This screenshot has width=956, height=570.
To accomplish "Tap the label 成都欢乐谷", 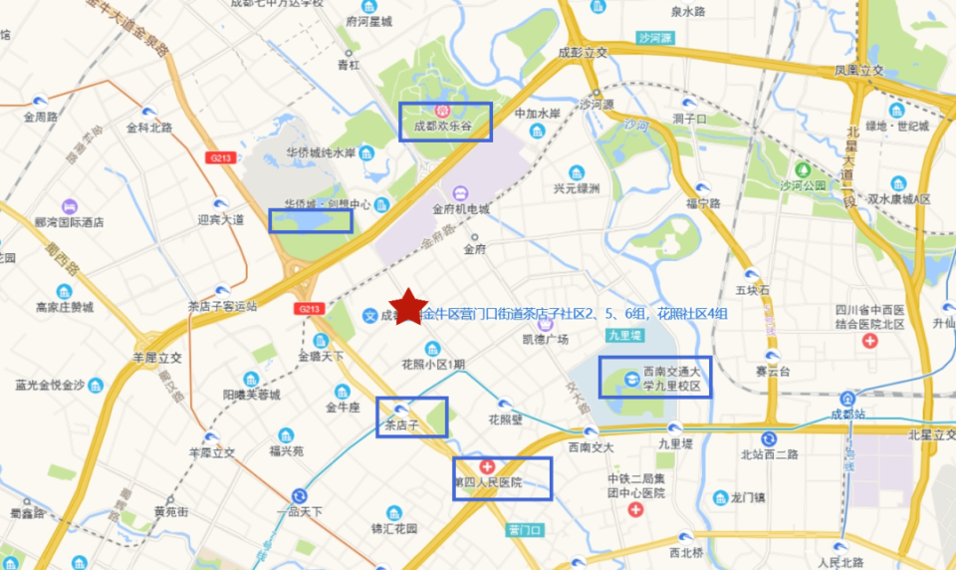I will (x=448, y=128).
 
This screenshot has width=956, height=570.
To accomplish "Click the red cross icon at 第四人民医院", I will (x=487, y=466).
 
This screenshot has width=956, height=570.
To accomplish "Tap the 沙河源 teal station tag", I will (x=655, y=38).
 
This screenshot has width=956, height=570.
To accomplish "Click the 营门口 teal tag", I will (x=524, y=529).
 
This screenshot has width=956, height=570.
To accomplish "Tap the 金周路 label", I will (x=41, y=117).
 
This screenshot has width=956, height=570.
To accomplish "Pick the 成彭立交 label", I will (x=583, y=53).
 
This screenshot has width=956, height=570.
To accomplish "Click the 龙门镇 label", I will (x=746, y=496).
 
